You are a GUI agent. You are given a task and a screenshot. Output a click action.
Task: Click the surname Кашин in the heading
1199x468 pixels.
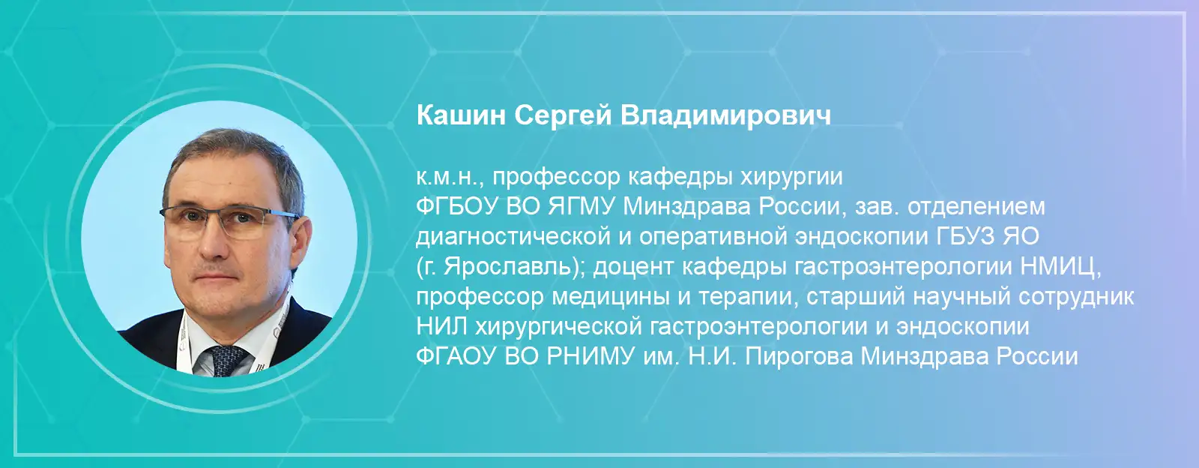pyautogui.click(x=461, y=115)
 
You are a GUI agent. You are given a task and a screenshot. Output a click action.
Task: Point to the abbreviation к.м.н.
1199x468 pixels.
pyautogui.click(x=450, y=177)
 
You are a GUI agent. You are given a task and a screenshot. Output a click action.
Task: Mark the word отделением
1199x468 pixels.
pyautogui.click(x=976, y=207)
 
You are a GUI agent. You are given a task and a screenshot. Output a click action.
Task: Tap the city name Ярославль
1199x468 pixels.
pyautogui.click(x=508, y=267)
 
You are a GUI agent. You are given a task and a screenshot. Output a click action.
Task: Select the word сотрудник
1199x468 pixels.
pyautogui.click(x=1076, y=297)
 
